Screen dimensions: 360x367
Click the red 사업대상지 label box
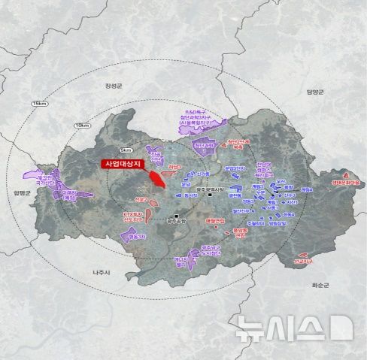click(x=125, y=163)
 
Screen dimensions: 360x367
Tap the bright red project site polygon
click(x=158, y=180)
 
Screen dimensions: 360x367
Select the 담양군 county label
click(x=314, y=92)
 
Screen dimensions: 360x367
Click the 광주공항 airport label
click(x=174, y=220)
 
